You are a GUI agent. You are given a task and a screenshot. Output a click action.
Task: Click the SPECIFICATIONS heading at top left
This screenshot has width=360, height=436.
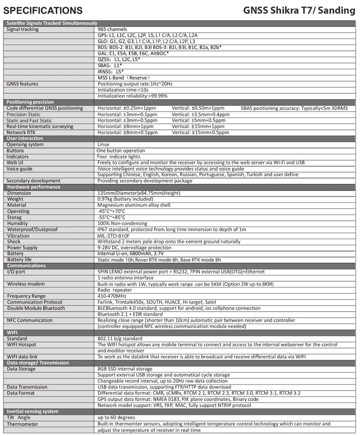coord(43,10)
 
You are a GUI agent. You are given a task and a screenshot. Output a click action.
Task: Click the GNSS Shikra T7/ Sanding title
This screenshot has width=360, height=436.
coord(299,10)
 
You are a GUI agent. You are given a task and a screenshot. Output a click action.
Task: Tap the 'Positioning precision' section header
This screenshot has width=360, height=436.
coord(30,102)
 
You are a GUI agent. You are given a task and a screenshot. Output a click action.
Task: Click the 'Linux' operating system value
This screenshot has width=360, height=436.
coord(103,145)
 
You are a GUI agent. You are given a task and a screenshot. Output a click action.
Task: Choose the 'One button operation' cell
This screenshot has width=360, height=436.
coord(121,150)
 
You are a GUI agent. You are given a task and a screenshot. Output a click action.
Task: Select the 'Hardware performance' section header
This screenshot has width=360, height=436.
coord(33,187)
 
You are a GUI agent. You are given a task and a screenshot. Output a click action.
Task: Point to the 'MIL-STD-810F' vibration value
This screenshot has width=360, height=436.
coord(113,236)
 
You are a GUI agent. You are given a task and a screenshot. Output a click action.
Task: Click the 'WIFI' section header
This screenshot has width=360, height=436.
coord(13,332)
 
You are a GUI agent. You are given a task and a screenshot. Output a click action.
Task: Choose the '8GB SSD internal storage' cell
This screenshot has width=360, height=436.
coord(124,369)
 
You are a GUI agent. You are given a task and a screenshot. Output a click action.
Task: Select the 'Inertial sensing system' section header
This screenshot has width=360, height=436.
coord(32,411)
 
